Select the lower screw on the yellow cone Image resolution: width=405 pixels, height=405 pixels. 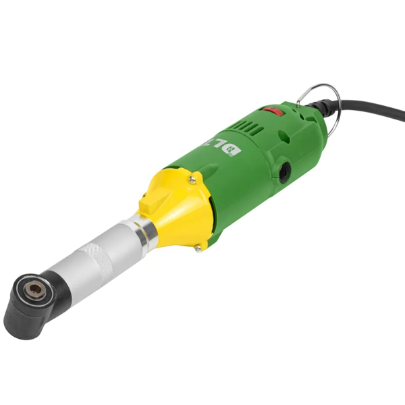[198, 248]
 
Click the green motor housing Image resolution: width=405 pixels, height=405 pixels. [256, 175]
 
